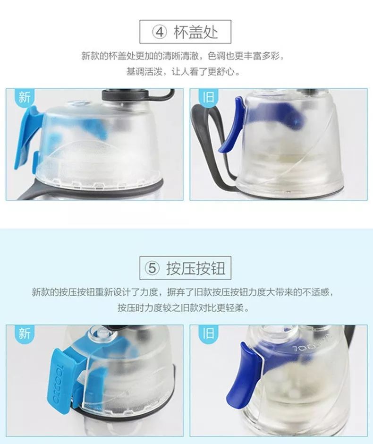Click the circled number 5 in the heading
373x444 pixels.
pyautogui.click(x=152, y=268)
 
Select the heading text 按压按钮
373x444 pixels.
pyautogui.click(x=195, y=268)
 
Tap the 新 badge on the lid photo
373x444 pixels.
pyautogui.click(x=24, y=97)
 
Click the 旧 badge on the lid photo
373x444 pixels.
pyautogui.click(x=208, y=97)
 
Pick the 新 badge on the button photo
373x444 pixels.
pyautogui.click(x=24, y=333)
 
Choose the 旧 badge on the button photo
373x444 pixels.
pyautogui.click(x=208, y=333)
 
